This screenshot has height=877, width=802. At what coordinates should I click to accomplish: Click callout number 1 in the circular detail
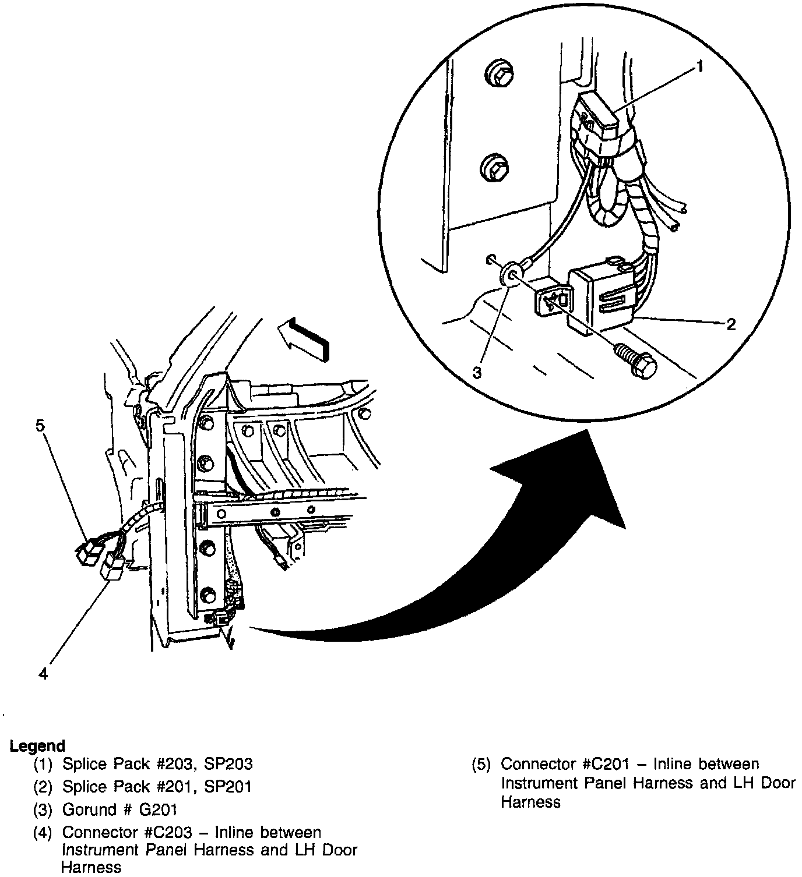point(699,68)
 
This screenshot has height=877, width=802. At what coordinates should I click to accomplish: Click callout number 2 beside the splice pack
point(731,324)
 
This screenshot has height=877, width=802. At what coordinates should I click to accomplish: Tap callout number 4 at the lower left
point(43,674)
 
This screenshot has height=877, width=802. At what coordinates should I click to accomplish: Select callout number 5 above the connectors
point(40,426)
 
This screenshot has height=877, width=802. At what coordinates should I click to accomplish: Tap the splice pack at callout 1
point(595,119)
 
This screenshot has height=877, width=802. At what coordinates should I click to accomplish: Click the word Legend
point(38,745)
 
